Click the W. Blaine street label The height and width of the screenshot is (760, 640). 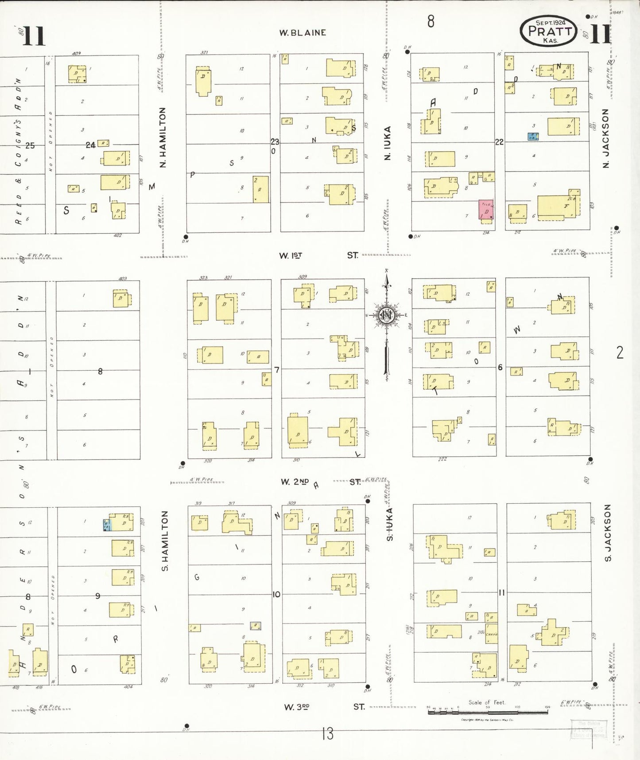coord(303,32)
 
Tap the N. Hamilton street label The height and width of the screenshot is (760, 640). coord(163,137)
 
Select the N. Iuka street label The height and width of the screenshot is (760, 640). coord(388,143)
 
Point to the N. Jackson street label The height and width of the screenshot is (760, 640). coord(606,138)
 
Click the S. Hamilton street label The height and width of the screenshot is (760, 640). coord(165,541)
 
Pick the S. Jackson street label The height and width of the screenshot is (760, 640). coord(608,532)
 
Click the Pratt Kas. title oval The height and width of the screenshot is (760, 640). coord(548,31)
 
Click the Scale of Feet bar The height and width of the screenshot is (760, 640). coord(487,712)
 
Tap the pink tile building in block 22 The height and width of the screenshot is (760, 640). coord(486,210)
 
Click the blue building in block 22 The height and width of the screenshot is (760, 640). coord(533,137)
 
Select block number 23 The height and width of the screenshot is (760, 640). coord(275,142)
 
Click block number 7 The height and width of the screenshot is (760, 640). coord(277,369)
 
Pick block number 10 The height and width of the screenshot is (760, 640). coord(276,594)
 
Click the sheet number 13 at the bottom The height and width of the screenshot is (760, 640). coord(327,734)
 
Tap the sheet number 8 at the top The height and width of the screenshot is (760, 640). coord(431,21)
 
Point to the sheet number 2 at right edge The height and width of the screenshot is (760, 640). coord(620,353)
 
